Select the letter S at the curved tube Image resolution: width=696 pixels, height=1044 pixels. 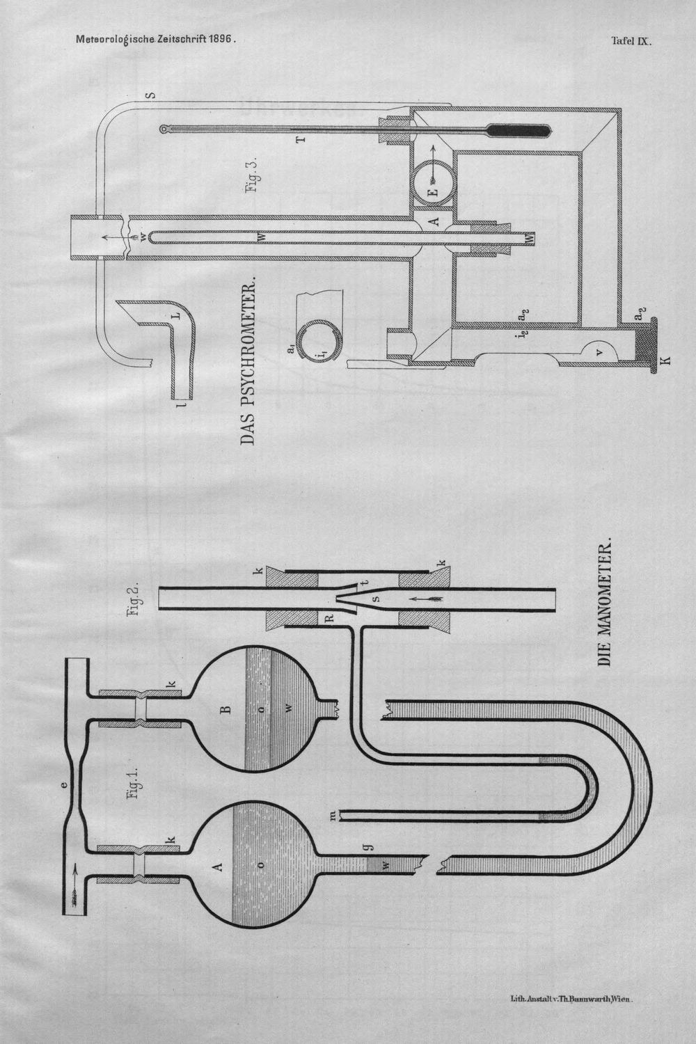[x=150, y=95]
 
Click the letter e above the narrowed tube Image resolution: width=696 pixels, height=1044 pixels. [x=65, y=784]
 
